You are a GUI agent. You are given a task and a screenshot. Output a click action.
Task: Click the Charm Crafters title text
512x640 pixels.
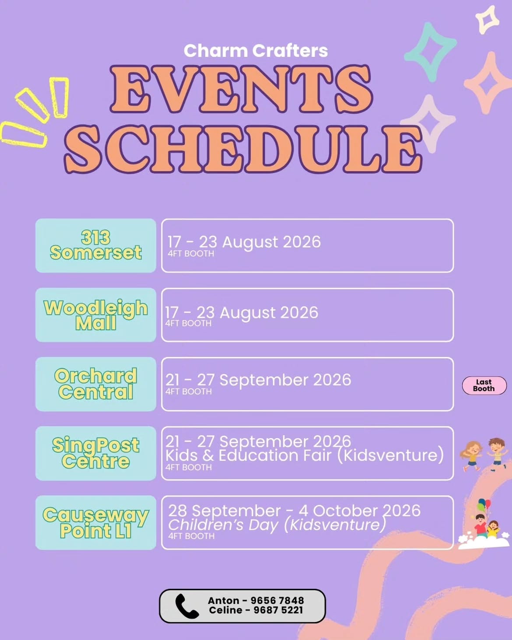(256, 51)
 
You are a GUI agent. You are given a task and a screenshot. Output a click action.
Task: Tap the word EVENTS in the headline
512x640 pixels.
(242, 89)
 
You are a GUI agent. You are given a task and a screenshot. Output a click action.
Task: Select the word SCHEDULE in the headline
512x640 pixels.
(243, 148)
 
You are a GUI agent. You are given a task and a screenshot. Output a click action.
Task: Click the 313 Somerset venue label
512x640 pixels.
(96, 245)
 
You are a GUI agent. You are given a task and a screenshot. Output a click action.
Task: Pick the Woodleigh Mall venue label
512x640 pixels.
(96, 315)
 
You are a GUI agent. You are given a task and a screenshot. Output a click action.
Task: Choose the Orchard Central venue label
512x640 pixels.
(96, 384)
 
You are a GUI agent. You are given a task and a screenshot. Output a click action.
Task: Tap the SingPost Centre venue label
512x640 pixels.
(96, 453)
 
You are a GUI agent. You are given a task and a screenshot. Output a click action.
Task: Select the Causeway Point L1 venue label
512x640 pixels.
(96, 522)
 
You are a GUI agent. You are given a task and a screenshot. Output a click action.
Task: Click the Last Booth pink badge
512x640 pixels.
(484, 385)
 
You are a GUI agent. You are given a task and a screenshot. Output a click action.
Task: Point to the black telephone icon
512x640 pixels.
(186, 606)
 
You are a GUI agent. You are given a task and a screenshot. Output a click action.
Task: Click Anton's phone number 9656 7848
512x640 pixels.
(277, 601)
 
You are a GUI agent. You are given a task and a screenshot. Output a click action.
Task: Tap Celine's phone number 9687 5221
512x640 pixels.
(278, 610)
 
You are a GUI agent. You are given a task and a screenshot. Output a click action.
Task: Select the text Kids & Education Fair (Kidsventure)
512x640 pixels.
(304, 455)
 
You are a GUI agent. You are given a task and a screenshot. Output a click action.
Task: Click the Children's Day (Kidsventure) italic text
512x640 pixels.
(277, 525)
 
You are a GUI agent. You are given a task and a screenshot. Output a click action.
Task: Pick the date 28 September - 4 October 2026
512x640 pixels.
(295, 511)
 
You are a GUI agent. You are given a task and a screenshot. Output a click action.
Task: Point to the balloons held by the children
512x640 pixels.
(484, 505)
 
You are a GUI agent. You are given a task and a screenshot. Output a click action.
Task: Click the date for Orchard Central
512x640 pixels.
(258, 380)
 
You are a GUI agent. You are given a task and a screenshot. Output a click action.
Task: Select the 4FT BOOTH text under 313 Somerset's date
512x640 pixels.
(191, 254)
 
